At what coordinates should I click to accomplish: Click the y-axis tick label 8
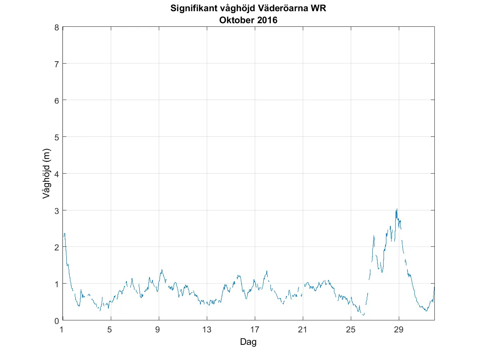coord(57,27)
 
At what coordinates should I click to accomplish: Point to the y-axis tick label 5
coord(57,137)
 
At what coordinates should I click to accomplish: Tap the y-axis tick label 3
coord(57,210)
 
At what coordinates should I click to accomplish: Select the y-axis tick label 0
coord(57,320)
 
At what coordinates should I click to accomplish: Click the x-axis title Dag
coord(248,342)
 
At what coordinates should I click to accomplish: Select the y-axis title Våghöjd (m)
coord(46,174)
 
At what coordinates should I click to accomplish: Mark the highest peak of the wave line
coord(396,209)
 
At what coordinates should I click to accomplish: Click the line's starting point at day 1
coord(63,236)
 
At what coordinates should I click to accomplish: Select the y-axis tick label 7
coord(57,64)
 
